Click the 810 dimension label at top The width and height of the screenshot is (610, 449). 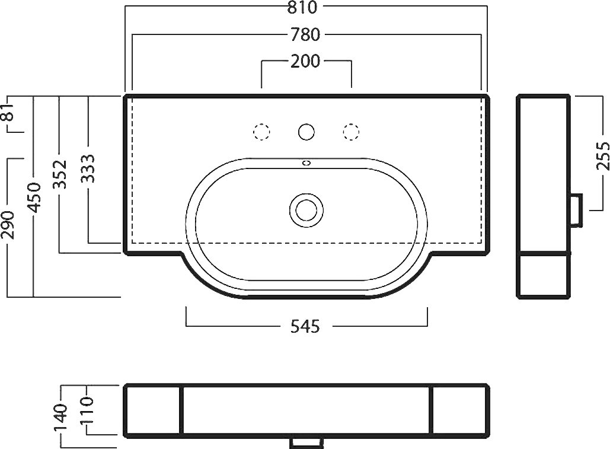tap(302, 7)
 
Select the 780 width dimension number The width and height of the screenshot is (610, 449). tap(305, 35)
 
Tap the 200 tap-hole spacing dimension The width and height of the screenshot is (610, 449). tap(305, 61)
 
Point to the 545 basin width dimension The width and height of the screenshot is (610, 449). tap(305, 326)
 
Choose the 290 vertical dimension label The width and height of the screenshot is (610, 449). tap(8, 225)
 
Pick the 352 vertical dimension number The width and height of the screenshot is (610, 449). tap(60, 174)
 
